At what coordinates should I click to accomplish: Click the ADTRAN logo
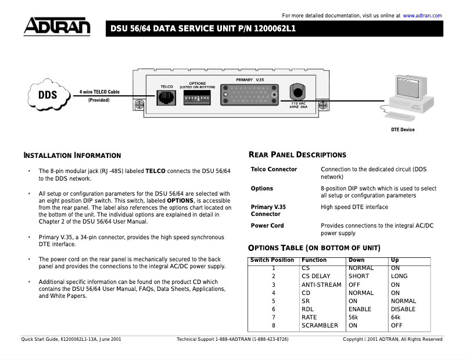pos(57,27)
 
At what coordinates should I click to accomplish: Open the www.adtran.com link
pos(422,16)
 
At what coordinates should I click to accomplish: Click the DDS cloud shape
pos(48,95)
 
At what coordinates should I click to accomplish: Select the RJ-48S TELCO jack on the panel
pos(167,98)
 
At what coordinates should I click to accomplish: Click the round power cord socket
pos(298,92)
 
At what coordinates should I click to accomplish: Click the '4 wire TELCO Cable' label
pos(99,92)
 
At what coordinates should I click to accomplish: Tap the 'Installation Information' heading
pos(72,156)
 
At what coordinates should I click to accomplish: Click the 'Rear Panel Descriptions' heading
pos(297,155)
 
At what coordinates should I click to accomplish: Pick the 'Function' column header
pos(314,260)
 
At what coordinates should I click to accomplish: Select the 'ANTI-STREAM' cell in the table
pos(321,285)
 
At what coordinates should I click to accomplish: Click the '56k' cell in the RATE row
pos(353,318)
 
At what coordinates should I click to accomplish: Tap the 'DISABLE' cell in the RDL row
pos(403,309)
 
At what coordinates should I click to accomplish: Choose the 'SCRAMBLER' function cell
pos(320,326)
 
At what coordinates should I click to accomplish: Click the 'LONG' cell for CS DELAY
pos(399,276)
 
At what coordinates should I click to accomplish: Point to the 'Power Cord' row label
pos(267,226)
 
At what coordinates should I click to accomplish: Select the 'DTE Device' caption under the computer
pos(403,129)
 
